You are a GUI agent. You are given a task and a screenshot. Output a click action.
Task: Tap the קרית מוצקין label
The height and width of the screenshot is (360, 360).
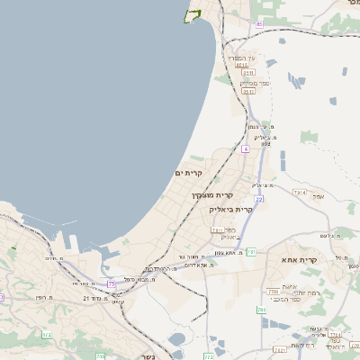(211, 193)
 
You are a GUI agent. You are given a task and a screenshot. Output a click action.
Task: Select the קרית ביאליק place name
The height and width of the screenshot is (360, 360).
(231, 209)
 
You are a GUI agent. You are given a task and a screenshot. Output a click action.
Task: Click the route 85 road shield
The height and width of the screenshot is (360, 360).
(260, 23)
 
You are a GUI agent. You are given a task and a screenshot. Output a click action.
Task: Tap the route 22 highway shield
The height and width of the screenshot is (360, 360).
(259, 198)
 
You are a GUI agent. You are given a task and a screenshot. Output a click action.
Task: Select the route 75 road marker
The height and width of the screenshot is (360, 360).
(112, 283)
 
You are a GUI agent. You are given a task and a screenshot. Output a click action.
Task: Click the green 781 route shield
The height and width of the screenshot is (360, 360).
(252, 253)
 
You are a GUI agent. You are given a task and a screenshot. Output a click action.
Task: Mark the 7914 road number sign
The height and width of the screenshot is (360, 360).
(299, 193)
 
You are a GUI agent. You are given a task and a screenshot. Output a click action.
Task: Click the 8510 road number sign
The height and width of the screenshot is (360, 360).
(241, 65)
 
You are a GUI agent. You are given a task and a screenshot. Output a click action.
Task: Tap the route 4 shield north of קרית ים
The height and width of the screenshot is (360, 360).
(245, 148)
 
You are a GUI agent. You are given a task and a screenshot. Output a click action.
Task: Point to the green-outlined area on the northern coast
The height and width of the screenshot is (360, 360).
(192, 15)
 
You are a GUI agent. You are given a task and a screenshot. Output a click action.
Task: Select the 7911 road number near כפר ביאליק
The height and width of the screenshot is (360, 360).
(216, 230)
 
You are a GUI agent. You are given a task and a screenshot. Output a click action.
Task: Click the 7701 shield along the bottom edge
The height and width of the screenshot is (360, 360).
(282, 348)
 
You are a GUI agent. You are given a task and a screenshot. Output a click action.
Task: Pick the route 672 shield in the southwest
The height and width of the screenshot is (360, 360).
(45, 335)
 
